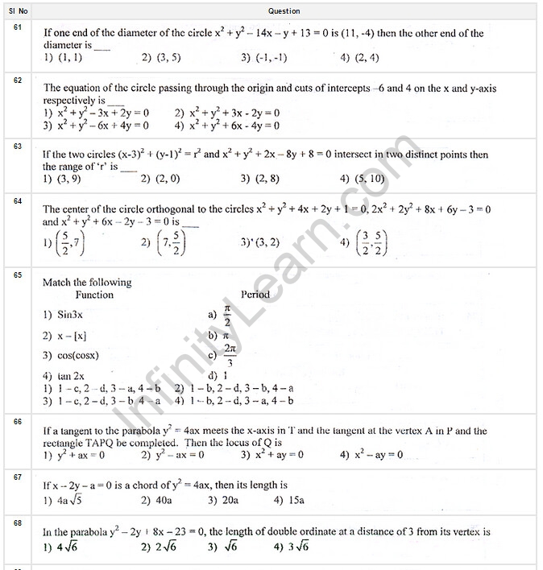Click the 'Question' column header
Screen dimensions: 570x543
[284, 11]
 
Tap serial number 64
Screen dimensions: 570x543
[19, 200]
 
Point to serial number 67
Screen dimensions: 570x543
[19, 477]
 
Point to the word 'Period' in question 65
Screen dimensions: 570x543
[255, 295]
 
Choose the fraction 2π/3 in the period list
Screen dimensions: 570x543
[230, 355]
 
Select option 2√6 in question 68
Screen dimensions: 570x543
[166, 547]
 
